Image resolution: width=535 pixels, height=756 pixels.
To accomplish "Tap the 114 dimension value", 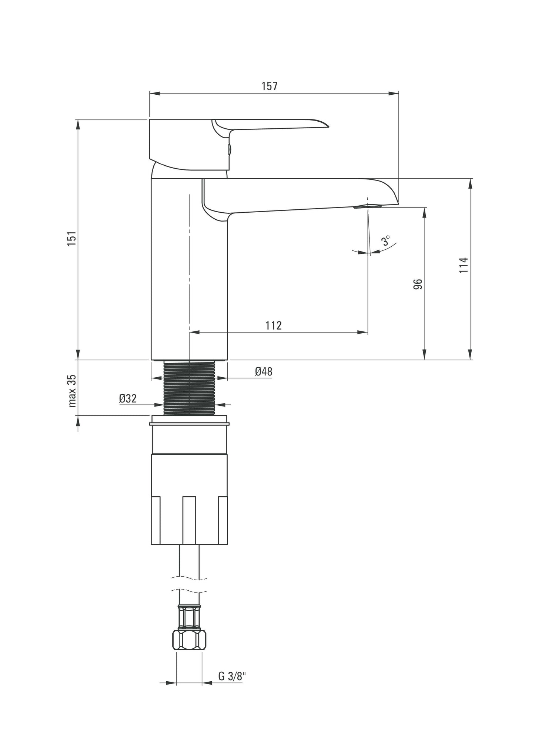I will pos(464,265).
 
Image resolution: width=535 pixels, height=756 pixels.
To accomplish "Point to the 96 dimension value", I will pos(417,284).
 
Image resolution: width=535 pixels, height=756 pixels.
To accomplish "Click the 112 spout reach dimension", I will pos(274,325).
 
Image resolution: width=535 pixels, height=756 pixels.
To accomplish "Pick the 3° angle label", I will pos(386,241).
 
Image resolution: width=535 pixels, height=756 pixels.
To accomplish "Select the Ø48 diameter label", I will pos(263,371).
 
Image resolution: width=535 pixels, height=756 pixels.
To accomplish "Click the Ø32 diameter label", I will pos(128,398).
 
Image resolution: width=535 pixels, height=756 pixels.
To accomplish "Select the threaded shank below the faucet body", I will pos(189,387).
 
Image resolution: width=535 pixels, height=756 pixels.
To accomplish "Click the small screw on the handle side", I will pos(230,149).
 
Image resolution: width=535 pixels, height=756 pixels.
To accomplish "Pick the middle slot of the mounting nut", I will pos(189,520).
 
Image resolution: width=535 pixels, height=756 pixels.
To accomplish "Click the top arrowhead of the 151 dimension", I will pos(78,124).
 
